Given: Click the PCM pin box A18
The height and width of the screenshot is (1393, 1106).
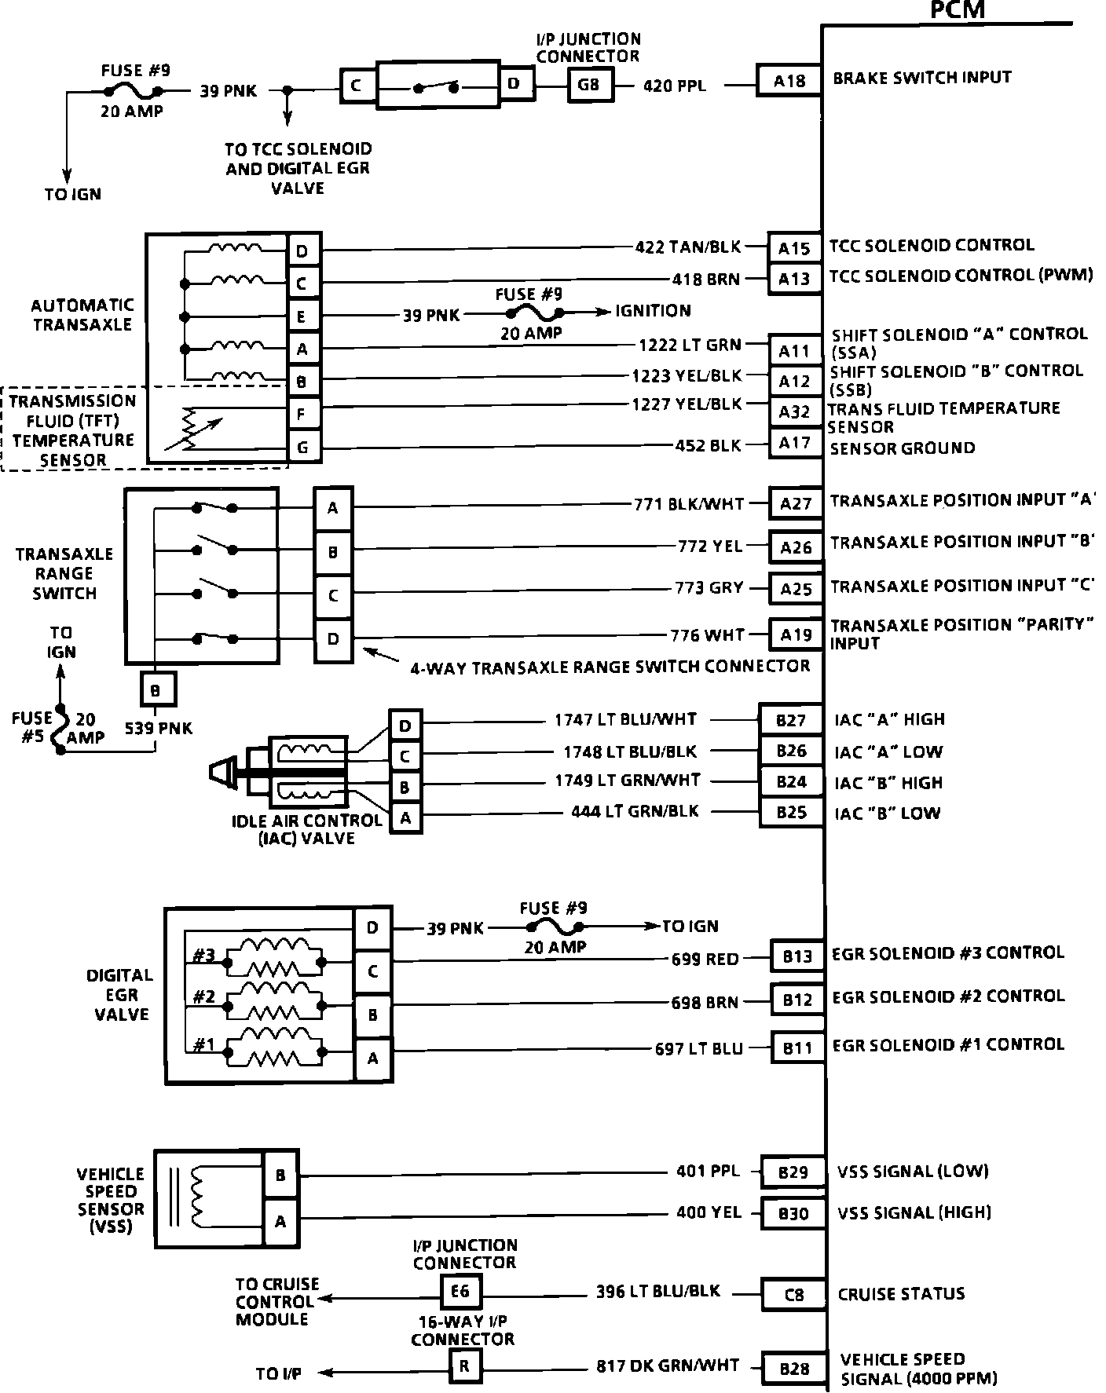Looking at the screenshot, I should (x=789, y=80).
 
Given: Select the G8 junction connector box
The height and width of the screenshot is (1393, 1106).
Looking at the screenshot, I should (x=588, y=83).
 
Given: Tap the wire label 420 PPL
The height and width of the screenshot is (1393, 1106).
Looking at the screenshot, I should (x=675, y=85).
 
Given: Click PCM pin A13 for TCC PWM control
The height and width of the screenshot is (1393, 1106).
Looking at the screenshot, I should (x=794, y=280).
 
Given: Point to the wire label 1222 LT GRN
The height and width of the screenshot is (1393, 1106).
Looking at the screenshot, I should (x=690, y=344).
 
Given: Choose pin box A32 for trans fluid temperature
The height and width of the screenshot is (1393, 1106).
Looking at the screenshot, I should (x=794, y=411).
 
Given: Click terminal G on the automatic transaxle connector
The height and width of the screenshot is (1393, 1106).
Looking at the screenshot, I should (x=302, y=448).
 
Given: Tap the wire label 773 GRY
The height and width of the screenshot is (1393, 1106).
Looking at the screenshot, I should (x=709, y=587).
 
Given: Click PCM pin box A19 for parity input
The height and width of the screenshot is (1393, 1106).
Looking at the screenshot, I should (x=796, y=634).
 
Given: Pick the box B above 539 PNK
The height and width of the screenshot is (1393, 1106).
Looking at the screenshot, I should (x=156, y=691).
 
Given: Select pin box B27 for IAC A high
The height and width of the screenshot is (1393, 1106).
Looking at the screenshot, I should (x=791, y=720).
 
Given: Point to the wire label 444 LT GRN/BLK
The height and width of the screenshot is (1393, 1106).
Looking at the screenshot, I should (x=635, y=811).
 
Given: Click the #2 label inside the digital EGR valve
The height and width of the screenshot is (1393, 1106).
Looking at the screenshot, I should (x=204, y=996).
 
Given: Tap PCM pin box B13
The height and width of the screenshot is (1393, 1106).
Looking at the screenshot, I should (x=797, y=956).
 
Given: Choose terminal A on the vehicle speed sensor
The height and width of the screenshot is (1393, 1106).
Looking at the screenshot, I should (x=280, y=1221).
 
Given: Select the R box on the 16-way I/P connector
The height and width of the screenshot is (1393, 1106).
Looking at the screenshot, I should (x=464, y=1366).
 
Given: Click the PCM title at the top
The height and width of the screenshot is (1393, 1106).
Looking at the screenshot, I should (x=957, y=9).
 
